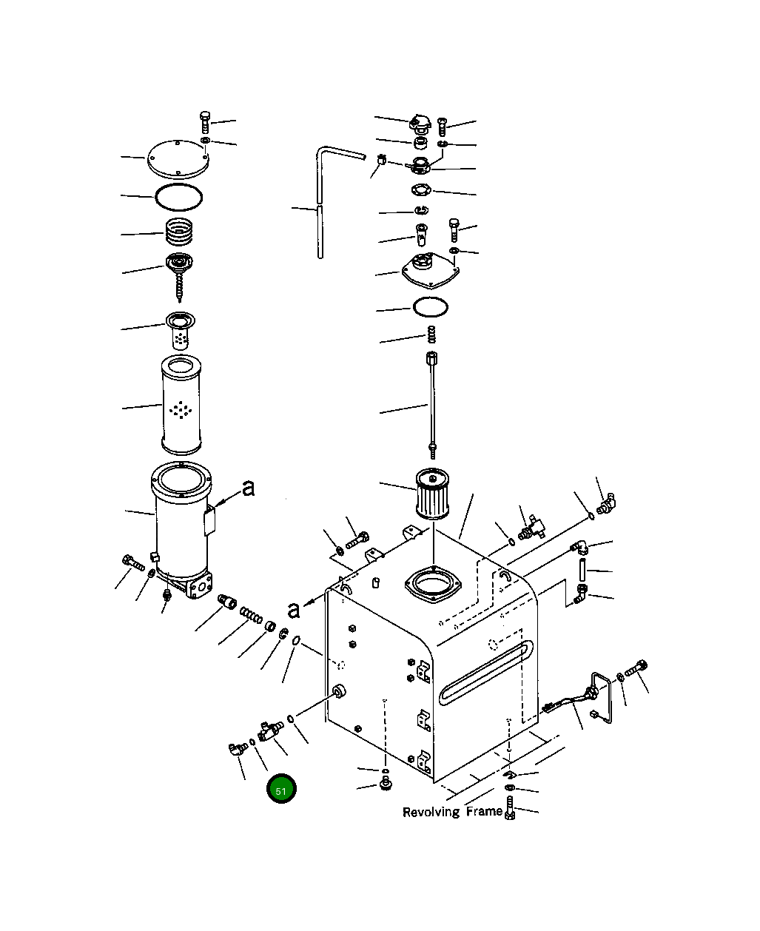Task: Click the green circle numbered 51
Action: point(281,790)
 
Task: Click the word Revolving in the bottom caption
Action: point(431,813)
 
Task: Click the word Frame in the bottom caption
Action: point(484,812)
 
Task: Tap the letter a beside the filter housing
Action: point(249,488)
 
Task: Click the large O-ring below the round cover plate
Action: point(178,198)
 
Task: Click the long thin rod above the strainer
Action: point(431,403)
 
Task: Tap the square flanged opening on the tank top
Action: point(434,585)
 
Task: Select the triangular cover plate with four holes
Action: point(428,272)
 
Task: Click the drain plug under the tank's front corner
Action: point(385,783)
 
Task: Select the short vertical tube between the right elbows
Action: point(584,570)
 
